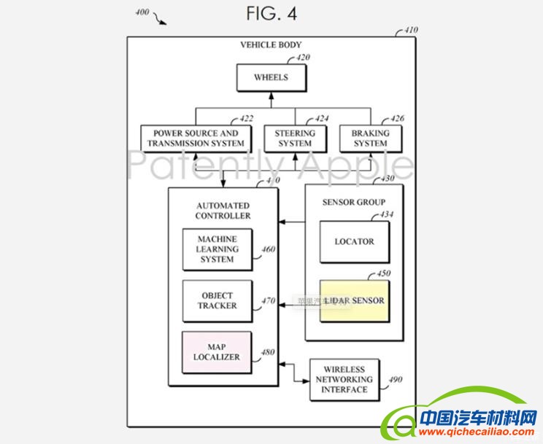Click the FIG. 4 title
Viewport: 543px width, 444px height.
tap(271, 15)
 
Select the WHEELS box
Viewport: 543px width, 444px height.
tap(271, 77)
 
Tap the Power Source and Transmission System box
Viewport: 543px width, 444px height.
tap(195, 139)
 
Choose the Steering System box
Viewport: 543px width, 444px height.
tap(295, 139)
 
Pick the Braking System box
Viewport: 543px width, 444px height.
tap(370, 139)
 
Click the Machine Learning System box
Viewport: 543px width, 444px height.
tap(217, 249)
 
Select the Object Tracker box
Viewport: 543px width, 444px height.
tap(217, 301)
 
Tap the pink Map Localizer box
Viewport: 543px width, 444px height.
tap(217, 352)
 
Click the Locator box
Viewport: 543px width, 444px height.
tap(354, 241)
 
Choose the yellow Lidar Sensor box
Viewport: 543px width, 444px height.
tap(354, 300)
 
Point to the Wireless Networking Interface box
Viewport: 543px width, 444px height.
tap(344, 379)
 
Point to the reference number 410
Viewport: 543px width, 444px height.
tap(411, 31)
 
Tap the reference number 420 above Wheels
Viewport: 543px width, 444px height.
tap(302, 58)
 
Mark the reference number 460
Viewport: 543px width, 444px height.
tap(268, 249)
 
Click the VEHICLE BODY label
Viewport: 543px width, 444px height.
tap(271, 45)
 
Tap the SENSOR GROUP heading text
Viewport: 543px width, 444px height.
tap(354, 202)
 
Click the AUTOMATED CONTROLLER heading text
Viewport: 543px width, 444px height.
tap(223, 211)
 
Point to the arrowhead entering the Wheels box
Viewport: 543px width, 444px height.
tap(271, 95)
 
